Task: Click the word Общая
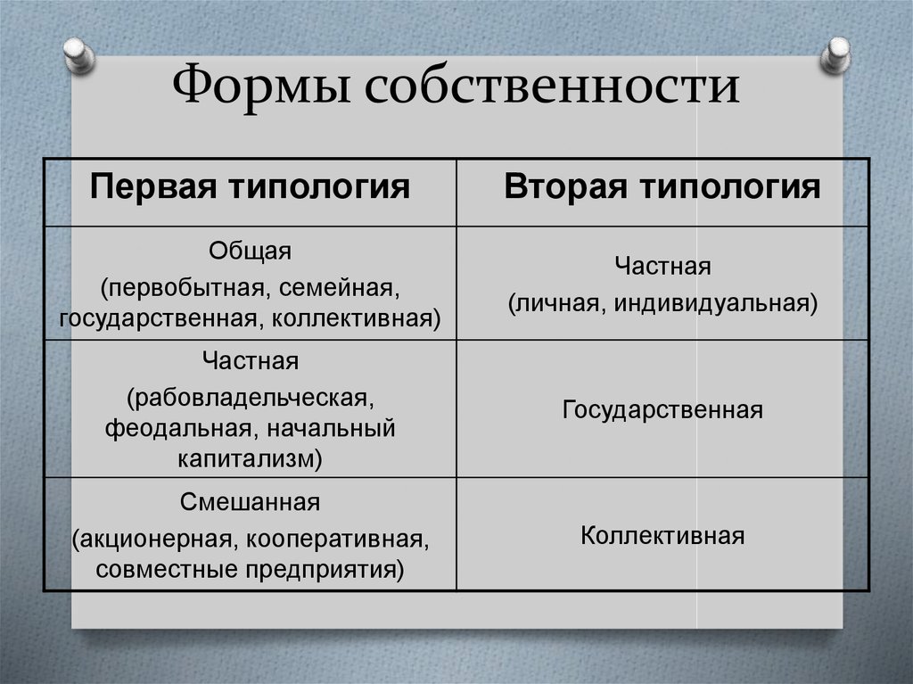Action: [250, 251]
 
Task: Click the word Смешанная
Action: [250, 503]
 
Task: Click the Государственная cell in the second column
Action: [662, 410]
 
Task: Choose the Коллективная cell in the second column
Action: [662, 536]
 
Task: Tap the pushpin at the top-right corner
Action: [836, 55]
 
